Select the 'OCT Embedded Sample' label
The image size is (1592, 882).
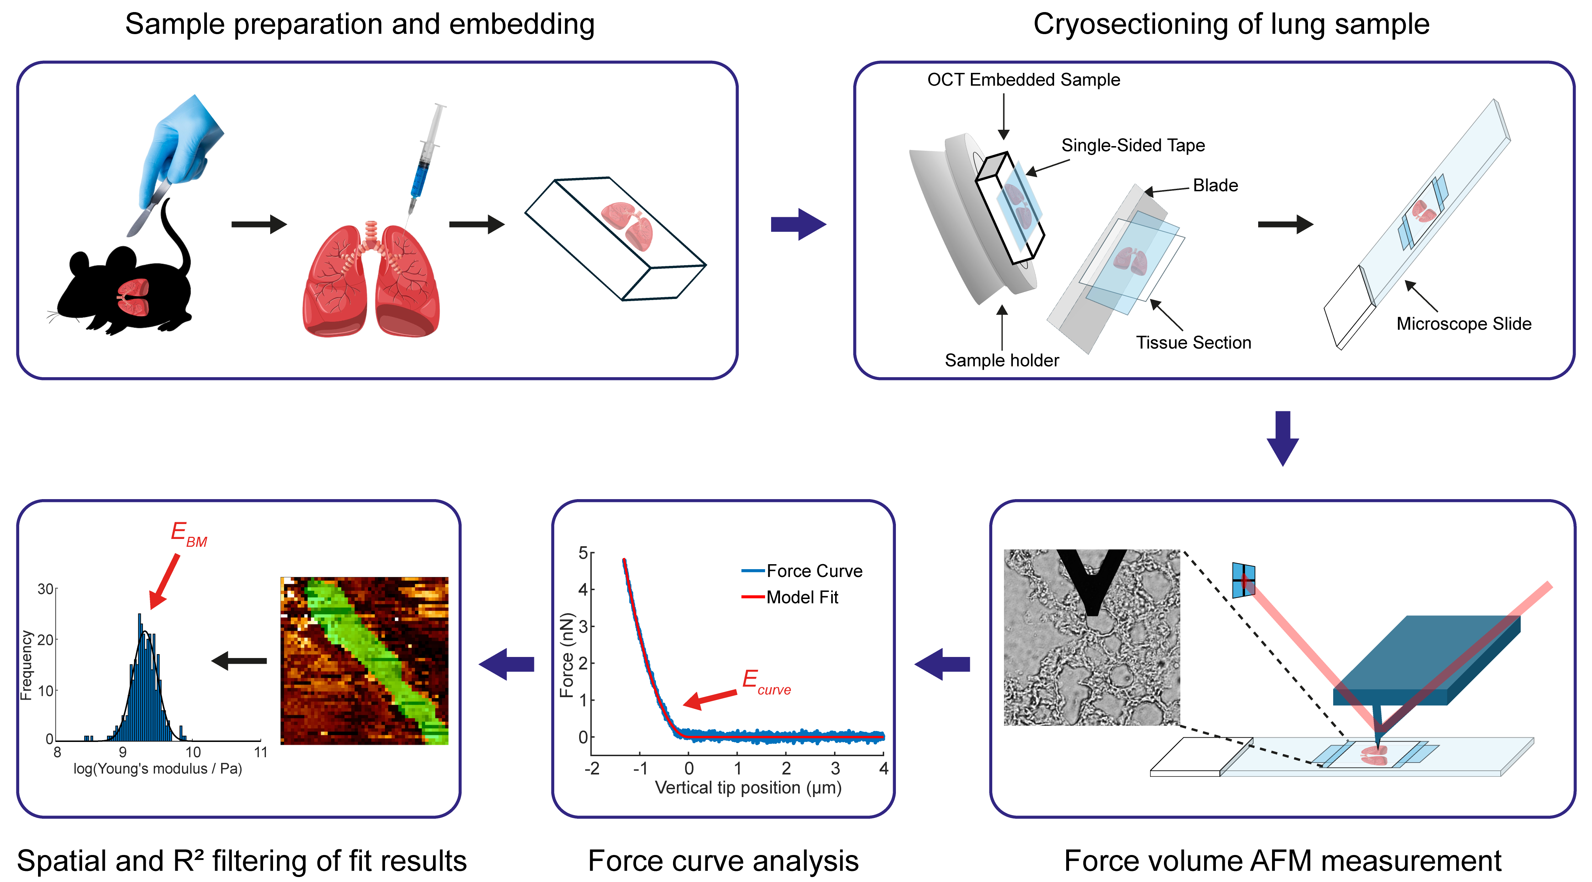click(1024, 80)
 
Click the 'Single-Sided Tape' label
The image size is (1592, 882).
click(1133, 145)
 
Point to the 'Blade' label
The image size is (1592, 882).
click(1215, 186)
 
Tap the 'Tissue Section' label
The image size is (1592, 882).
click(1193, 342)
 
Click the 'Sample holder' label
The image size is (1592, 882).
click(1002, 360)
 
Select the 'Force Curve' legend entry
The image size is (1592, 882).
click(802, 571)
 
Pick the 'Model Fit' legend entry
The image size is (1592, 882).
click(790, 597)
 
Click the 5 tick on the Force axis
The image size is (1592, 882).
click(583, 552)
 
